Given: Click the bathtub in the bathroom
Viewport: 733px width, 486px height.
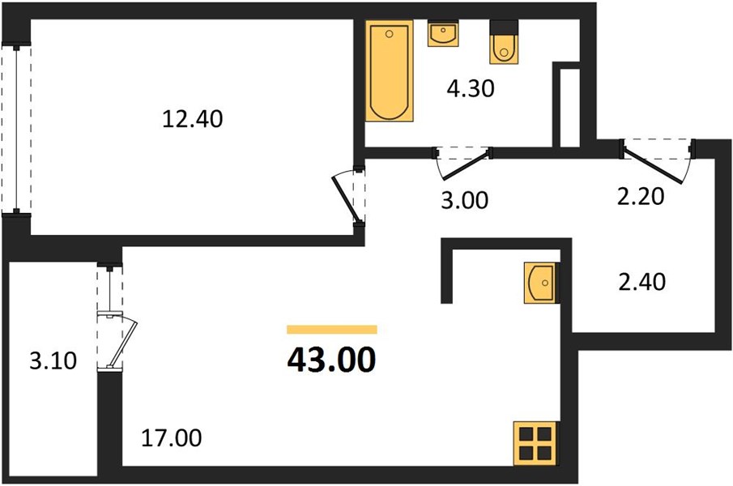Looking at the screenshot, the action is tap(389, 70).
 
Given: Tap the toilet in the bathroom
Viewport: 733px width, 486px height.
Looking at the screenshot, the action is tap(504, 42).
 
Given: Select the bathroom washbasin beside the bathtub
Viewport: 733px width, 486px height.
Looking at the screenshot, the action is tap(443, 33).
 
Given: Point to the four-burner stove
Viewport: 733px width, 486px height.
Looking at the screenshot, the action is tap(535, 444).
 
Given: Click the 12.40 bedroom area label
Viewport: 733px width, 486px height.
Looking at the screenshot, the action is tap(193, 119).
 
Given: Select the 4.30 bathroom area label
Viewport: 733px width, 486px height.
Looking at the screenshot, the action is tap(471, 88).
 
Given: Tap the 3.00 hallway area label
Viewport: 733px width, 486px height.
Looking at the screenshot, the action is tap(465, 199).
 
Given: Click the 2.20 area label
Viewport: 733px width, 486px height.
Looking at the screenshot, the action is tap(641, 196).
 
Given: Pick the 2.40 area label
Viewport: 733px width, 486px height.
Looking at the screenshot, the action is tap(642, 282).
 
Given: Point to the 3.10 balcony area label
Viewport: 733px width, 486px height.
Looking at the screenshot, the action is tap(53, 360).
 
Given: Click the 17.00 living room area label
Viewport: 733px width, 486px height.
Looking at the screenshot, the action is tap(172, 438).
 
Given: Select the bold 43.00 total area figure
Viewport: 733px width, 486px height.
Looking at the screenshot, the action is tap(331, 360).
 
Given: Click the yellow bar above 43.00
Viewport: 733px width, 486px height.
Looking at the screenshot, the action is tap(332, 330).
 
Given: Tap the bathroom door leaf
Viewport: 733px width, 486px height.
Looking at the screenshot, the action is tap(466, 164).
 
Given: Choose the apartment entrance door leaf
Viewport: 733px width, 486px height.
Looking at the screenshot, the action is tap(653, 164).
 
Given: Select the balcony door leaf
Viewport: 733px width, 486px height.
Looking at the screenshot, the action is tap(123, 342).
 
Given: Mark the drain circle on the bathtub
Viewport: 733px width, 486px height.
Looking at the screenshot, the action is tap(389, 34).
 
